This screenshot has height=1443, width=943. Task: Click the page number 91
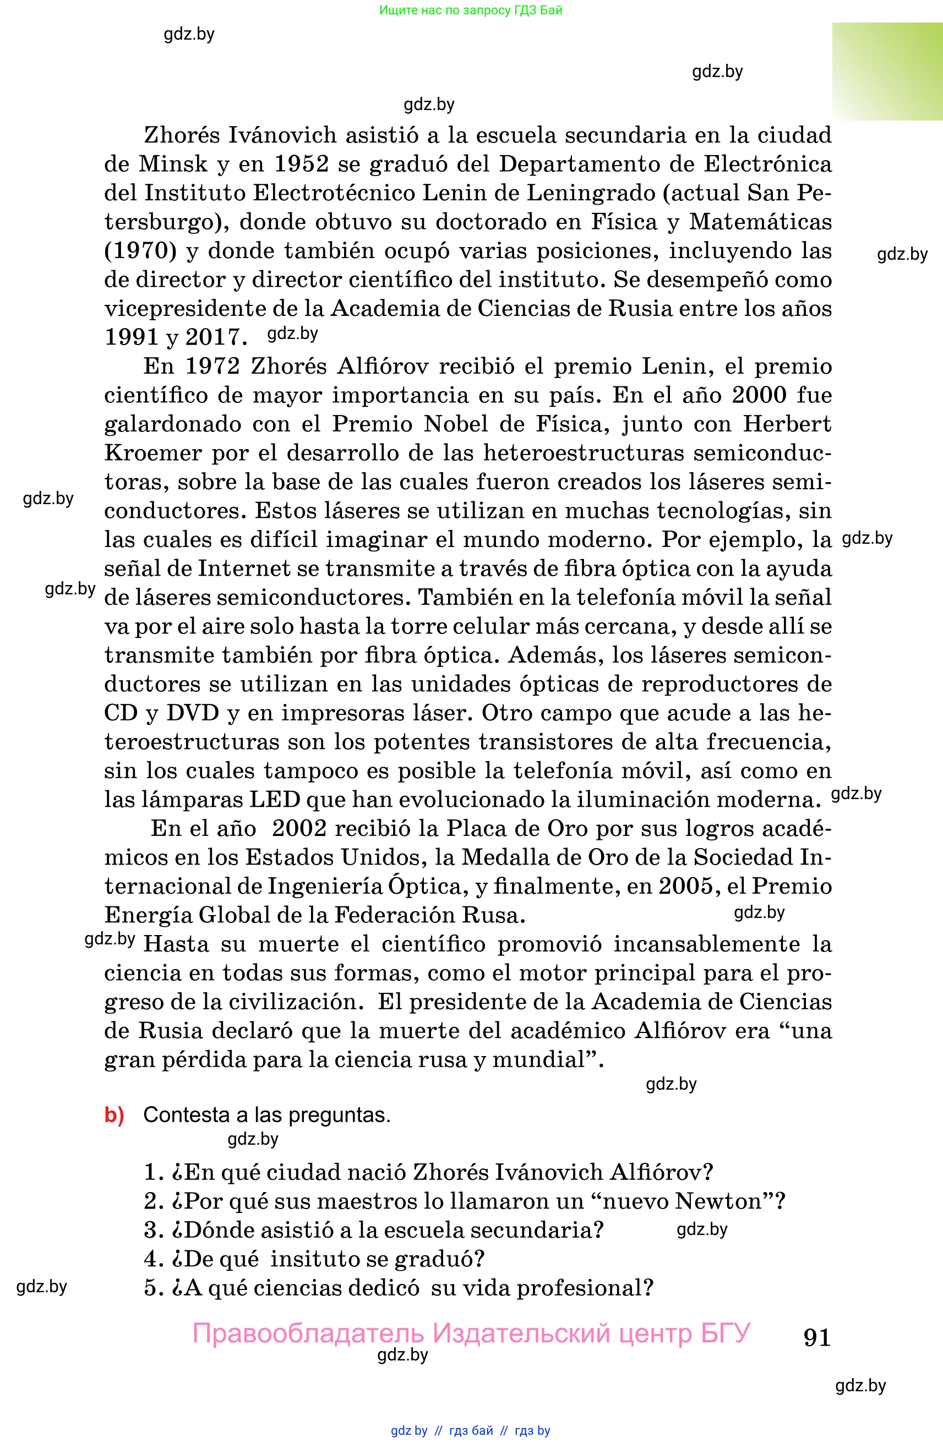(816, 1337)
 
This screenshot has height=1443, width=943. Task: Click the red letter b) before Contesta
(114, 1115)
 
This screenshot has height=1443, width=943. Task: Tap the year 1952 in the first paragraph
(301, 163)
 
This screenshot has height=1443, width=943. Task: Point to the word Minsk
(173, 163)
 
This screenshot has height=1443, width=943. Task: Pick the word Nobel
(455, 423)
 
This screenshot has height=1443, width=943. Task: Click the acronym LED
(275, 799)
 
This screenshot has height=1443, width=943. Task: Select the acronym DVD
(192, 712)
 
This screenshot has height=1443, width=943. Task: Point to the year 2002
(298, 828)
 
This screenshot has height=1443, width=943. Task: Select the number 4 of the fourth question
(151, 1259)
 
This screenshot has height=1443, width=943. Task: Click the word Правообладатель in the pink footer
(308, 1335)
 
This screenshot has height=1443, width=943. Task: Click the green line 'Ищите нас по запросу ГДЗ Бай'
(471, 10)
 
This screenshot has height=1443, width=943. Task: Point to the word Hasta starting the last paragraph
(176, 944)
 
